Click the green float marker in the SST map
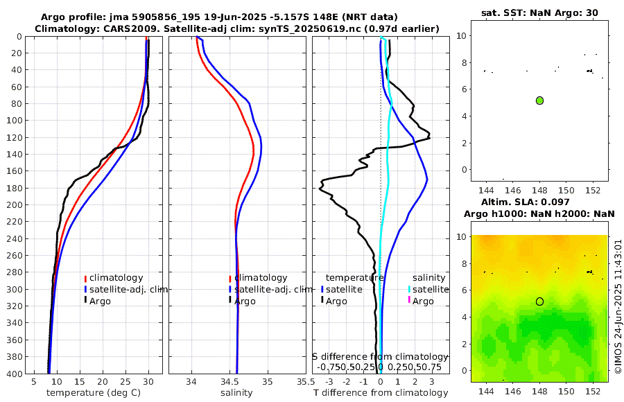point(539,101)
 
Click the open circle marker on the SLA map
point(539,301)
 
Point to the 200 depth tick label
point(14,205)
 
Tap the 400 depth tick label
point(14,374)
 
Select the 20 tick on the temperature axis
point(103,382)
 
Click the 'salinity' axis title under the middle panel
point(236,393)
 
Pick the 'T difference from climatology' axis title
point(381,393)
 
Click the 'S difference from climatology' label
point(380,356)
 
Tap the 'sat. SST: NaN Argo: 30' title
point(539,12)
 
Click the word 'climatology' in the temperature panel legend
point(116,278)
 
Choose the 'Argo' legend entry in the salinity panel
point(245,301)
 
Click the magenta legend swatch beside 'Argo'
point(409,300)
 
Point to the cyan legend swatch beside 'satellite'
point(409,289)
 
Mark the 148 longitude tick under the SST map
point(539,190)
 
